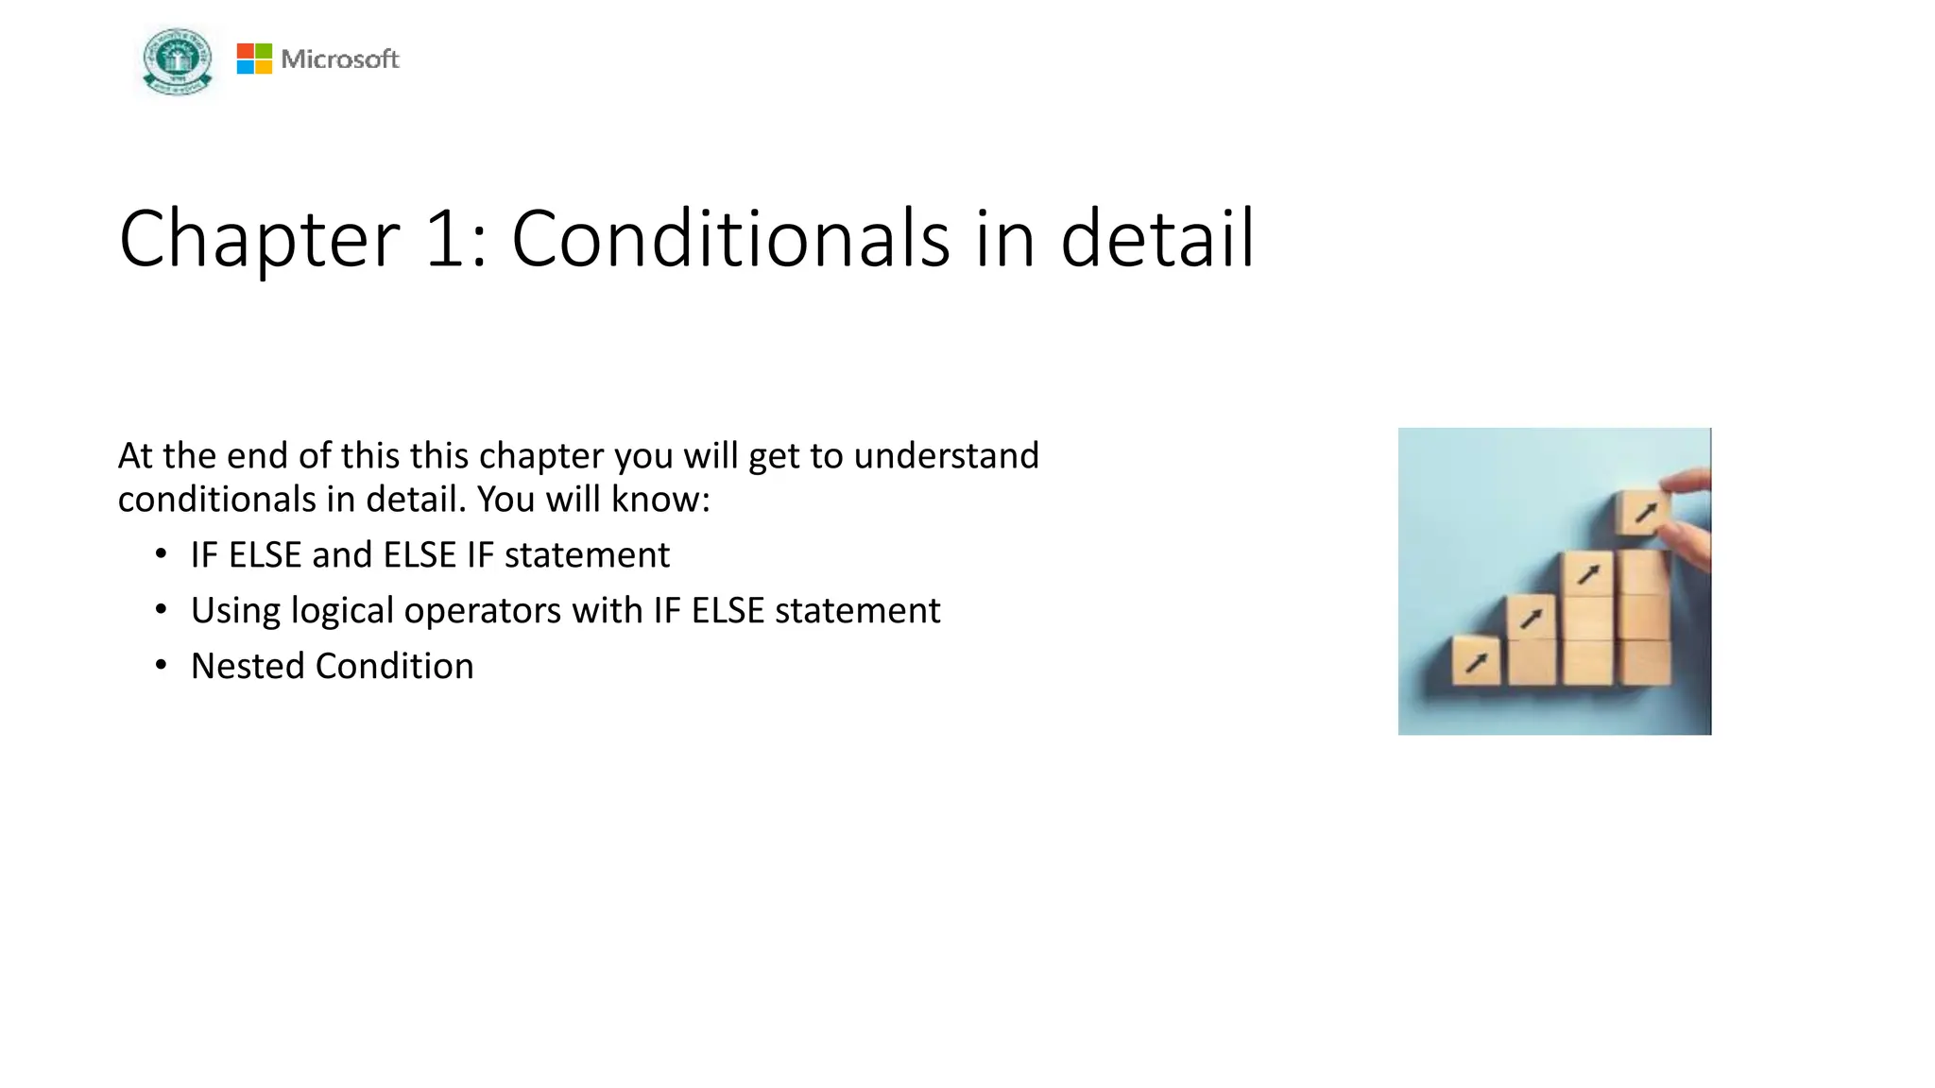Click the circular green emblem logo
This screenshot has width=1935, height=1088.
[x=177, y=60]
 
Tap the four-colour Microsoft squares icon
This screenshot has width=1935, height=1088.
[x=254, y=59]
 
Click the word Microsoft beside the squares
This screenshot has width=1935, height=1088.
[x=340, y=59]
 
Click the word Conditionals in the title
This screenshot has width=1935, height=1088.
[x=729, y=240]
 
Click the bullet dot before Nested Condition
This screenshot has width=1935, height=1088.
[x=162, y=666]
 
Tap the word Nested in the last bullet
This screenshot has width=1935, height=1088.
[x=248, y=667]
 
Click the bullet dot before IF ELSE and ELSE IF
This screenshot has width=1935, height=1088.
[x=162, y=554]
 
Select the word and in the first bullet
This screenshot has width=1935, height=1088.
[x=342, y=555]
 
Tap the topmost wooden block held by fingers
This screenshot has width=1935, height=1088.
[x=1642, y=513]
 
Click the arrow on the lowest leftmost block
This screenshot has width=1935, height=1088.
[x=1476, y=662]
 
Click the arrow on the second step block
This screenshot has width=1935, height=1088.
[x=1531, y=620]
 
